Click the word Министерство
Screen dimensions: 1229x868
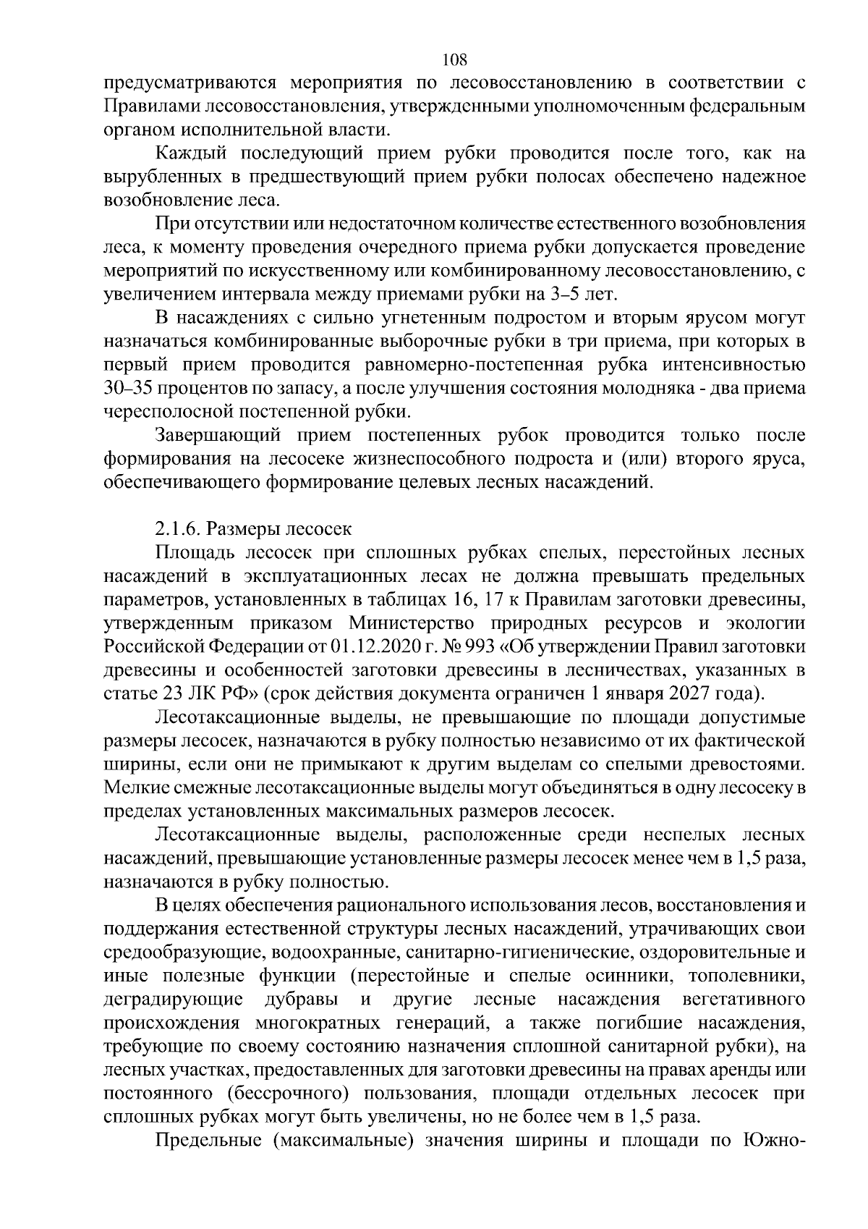(412, 622)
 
